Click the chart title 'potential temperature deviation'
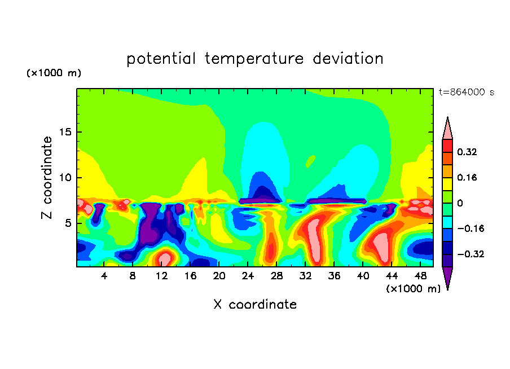[x=254, y=59]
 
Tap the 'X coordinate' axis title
[x=254, y=305]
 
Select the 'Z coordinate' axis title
[x=47, y=178]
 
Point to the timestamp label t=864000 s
[x=466, y=92]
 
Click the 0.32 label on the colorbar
[x=468, y=152]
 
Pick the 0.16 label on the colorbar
[x=468, y=177]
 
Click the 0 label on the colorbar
[x=460, y=203]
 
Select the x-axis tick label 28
[x=276, y=276]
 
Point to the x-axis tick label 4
[x=104, y=276]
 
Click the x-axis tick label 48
[x=420, y=276]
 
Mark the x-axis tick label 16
[x=190, y=276]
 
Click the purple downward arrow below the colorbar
[x=447, y=277]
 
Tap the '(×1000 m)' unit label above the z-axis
[x=54, y=73]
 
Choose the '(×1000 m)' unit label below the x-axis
[x=414, y=289]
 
